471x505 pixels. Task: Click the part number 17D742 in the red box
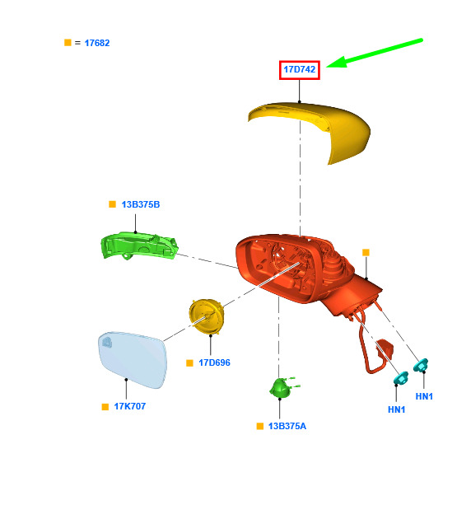coord(299,69)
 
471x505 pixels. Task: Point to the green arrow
coord(375,54)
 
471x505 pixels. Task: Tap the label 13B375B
coord(140,204)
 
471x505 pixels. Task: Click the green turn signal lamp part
coord(139,245)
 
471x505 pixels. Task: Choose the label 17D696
coord(214,362)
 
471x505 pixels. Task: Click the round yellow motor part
coord(207,316)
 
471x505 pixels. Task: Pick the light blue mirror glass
coord(133,359)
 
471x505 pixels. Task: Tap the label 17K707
coord(130,406)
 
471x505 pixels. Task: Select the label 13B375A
coord(287,426)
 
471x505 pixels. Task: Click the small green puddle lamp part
coord(283,387)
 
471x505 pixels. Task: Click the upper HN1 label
coord(424,396)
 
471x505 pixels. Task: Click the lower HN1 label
coord(396,409)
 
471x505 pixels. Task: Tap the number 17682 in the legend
coord(97,43)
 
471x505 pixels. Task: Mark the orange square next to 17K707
coord(105,407)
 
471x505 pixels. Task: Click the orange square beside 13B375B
coord(112,204)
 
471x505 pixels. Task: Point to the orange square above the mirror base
coord(366,252)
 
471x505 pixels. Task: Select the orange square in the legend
coord(68,43)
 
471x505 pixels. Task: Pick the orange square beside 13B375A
coord(260,426)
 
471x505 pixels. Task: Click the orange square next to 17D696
coord(189,363)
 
